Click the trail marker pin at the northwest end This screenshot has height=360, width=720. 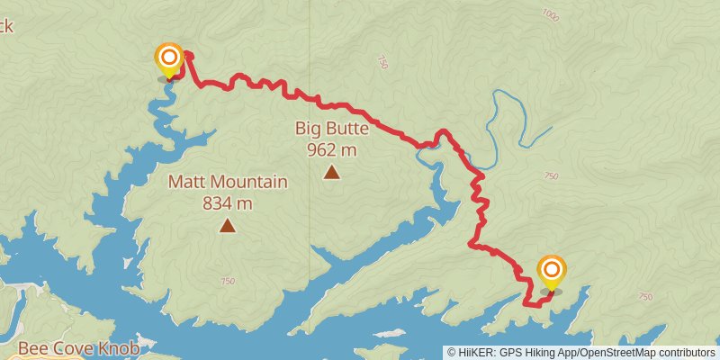point(168,59)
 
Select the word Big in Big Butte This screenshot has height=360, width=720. point(308,129)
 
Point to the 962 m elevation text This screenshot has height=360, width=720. point(332,148)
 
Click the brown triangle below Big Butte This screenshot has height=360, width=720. point(332,172)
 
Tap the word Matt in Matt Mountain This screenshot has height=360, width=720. point(185,183)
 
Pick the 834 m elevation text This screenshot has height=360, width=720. point(228,202)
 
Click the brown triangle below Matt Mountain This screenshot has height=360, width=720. point(228,225)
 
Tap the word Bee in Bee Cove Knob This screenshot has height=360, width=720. point(33,348)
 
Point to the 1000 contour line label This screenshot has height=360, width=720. point(551,15)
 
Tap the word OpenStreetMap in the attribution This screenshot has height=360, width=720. point(620,352)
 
